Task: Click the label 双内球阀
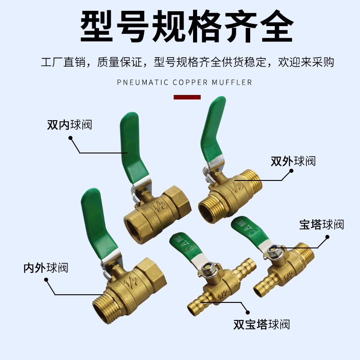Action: [x=69, y=125]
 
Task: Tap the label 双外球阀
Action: [x=293, y=161]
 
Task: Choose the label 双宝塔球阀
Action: [x=261, y=324]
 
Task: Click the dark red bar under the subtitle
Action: [x=187, y=97]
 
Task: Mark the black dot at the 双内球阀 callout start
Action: [x=70, y=138]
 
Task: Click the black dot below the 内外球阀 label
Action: [x=46, y=280]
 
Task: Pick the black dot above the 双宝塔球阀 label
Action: [x=247, y=311]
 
